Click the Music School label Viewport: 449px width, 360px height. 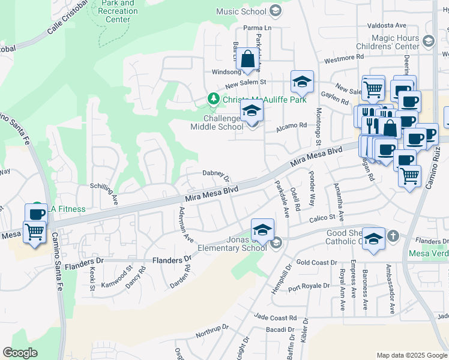point(241,11)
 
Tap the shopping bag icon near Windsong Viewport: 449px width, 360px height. point(247,60)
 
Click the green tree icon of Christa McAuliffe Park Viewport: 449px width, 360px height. point(212,98)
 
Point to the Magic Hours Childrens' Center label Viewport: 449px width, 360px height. point(394,42)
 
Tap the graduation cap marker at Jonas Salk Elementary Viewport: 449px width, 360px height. point(262,230)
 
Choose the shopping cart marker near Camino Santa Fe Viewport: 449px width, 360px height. point(34,231)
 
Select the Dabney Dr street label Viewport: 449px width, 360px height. point(216,175)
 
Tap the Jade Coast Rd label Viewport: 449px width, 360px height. point(276,317)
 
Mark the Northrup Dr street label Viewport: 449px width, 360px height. point(209,332)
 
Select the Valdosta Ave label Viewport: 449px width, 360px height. point(387,26)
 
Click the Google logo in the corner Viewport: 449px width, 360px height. point(20,353)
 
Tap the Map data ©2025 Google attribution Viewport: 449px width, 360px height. point(412,355)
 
